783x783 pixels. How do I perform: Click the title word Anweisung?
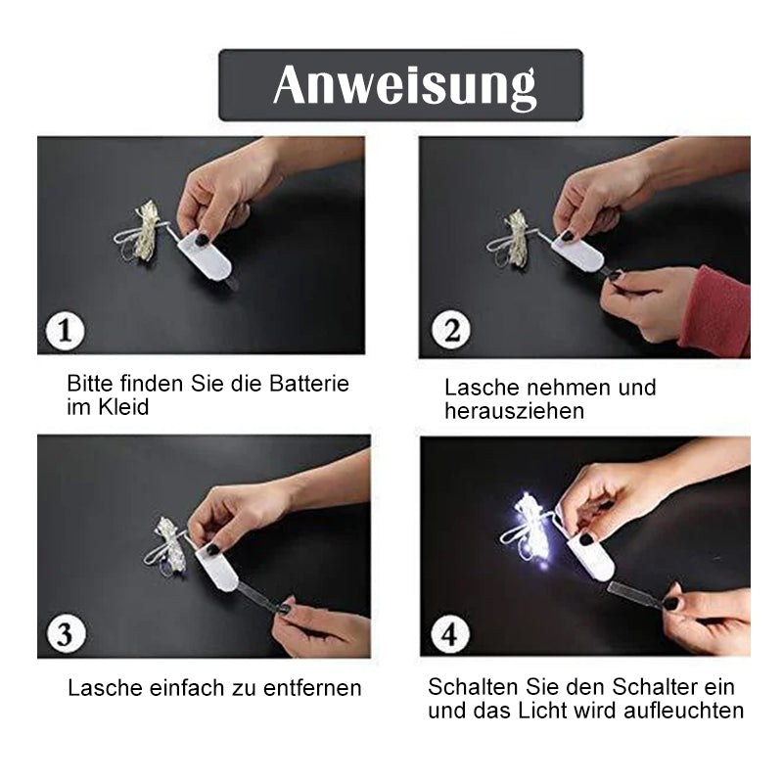pyautogui.click(x=404, y=86)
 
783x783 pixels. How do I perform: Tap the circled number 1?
pyautogui.click(x=65, y=330)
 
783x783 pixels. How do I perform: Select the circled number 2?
pyautogui.click(x=451, y=330)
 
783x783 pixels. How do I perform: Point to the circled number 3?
pyautogui.click(x=66, y=633)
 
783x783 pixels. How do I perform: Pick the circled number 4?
pyautogui.click(x=450, y=633)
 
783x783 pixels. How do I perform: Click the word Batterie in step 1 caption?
pyautogui.click(x=309, y=384)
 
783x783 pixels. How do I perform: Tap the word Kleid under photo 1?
pyautogui.click(x=123, y=407)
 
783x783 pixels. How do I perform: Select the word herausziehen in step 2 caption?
pyautogui.click(x=515, y=411)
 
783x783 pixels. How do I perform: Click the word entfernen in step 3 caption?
pyautogui.click(x=312, y=688)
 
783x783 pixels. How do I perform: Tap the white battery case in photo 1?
pyautogui.click(x=206, y=255)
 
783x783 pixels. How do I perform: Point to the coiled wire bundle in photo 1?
pyautogui.click(x=141, y=232)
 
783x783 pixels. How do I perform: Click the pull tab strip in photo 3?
pyautogui.click(x=258, y=599)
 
